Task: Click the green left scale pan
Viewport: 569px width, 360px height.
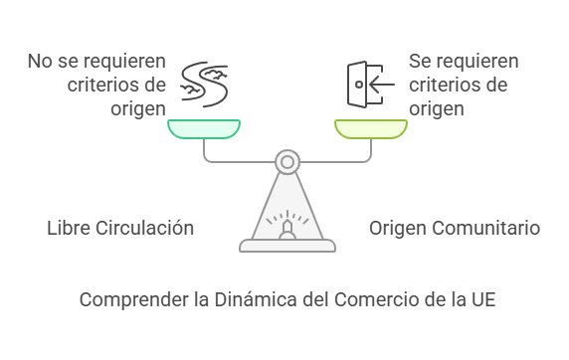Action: pyautogui.click(x=204, y=129)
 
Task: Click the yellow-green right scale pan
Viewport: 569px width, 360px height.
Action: pyautogui.click(x=371, y=129)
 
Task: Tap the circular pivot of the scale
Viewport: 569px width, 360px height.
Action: pyautogui.click(x=287, y=162)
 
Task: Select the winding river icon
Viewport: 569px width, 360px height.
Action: pyautogui.click(x=204, y=85)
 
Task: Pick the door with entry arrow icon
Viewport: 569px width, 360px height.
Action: pyautogui.click(x=370, y=85)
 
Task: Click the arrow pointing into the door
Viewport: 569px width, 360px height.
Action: pyautogui.click(x=382, y=85)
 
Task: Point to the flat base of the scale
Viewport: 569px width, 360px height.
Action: pyautogui.click(x=287, y=246)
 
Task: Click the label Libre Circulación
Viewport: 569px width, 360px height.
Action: pyautogui.click(x=120, y=229)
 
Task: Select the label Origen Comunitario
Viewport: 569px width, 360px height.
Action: pyautogui.click(x=455, y=229)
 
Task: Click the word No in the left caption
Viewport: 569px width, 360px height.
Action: pyautogui.click(x=40, y=61)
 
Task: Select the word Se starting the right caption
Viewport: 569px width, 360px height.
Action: pyautogui.click(x=420, y=61)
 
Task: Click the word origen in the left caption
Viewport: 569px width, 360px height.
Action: pyautogui.click(x=138, y=109)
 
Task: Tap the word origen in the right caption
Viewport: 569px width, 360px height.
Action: pyautogui.click(x=437, y=109)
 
